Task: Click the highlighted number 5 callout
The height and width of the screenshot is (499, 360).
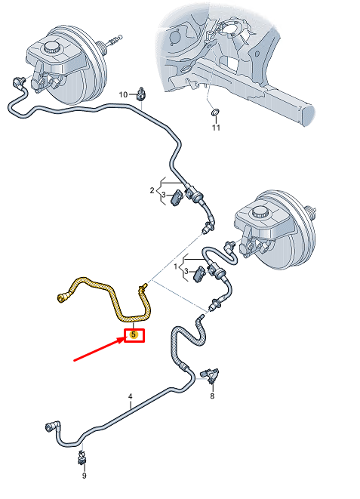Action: coord(134,334)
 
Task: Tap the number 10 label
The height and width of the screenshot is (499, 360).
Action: coord(123,94)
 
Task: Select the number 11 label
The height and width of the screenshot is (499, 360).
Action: coord(216,128)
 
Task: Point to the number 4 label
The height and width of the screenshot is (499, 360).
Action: coord(130,396)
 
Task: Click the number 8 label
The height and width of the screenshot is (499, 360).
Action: coord(212,396)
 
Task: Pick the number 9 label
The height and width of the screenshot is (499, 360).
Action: coord(84,476)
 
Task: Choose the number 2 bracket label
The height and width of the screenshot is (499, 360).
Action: coord(152,190)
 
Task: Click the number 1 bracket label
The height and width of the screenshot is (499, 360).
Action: coord(176,266)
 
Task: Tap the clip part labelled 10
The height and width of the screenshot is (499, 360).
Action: coord(141,94)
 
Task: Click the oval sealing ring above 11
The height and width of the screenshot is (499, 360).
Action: coord(215,112)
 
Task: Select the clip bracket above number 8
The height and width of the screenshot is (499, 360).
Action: coord(210,374)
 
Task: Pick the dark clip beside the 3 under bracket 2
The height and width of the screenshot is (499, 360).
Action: coord(176,198)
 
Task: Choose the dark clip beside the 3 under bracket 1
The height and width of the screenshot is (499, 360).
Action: coord(199,274)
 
